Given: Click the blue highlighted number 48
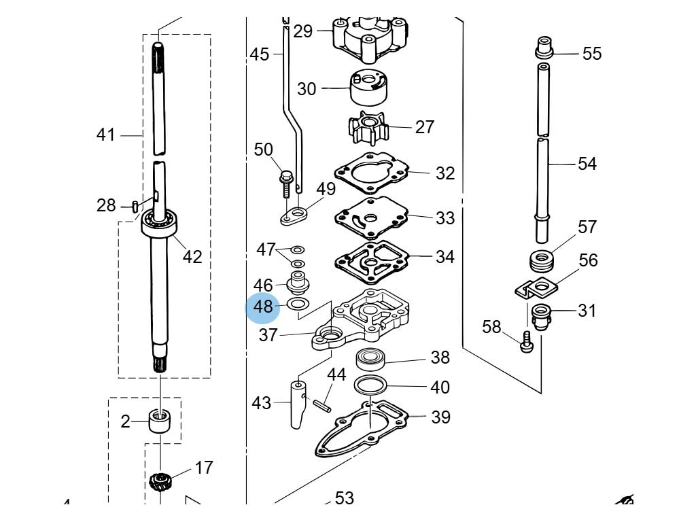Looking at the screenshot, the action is coord(262,307).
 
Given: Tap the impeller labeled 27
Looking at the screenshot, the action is coord(368,127).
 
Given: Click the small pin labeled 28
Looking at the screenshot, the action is coord(135,207).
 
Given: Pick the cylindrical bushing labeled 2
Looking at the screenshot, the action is coord(160,421).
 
